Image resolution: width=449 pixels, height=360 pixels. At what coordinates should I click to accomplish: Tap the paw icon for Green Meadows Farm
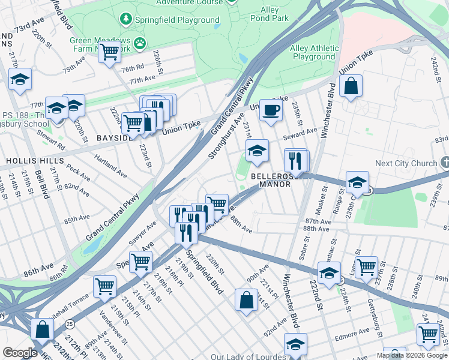coord(140,43)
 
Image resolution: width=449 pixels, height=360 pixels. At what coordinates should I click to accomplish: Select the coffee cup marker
coord(271,110)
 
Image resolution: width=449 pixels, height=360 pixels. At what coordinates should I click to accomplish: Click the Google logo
coord(20,352)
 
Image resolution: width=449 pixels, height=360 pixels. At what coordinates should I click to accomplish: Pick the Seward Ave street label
coord(304,132)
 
